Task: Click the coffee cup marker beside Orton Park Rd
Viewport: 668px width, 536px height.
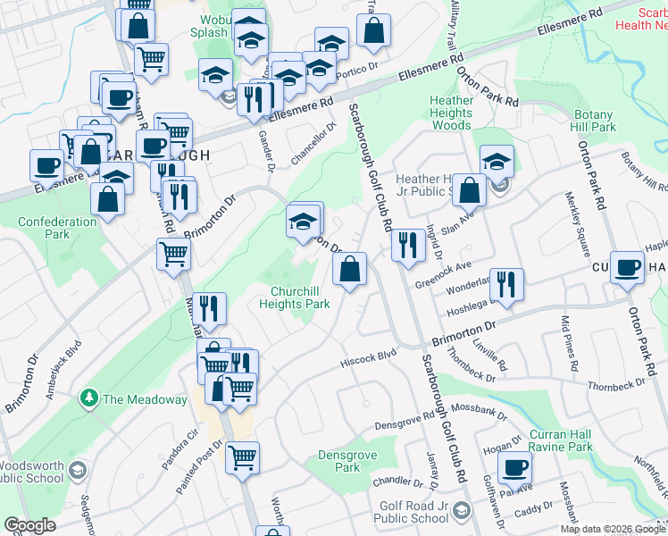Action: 628,266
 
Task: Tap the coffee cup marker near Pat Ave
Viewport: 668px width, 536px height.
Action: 514,468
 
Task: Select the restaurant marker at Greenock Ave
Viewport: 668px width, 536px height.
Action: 407,244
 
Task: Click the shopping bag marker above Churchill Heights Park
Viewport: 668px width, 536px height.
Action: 349,270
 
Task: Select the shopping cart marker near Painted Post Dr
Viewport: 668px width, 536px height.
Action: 242,458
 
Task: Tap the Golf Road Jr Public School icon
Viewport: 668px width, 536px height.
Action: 462,511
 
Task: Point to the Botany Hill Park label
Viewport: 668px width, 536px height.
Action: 595,121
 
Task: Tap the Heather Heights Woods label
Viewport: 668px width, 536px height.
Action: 451,113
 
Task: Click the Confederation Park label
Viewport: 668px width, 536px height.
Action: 57,228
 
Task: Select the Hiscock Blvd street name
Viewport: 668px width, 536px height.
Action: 367,359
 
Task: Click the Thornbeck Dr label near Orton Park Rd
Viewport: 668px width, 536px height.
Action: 616,385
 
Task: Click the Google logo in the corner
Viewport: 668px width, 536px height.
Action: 30,525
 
